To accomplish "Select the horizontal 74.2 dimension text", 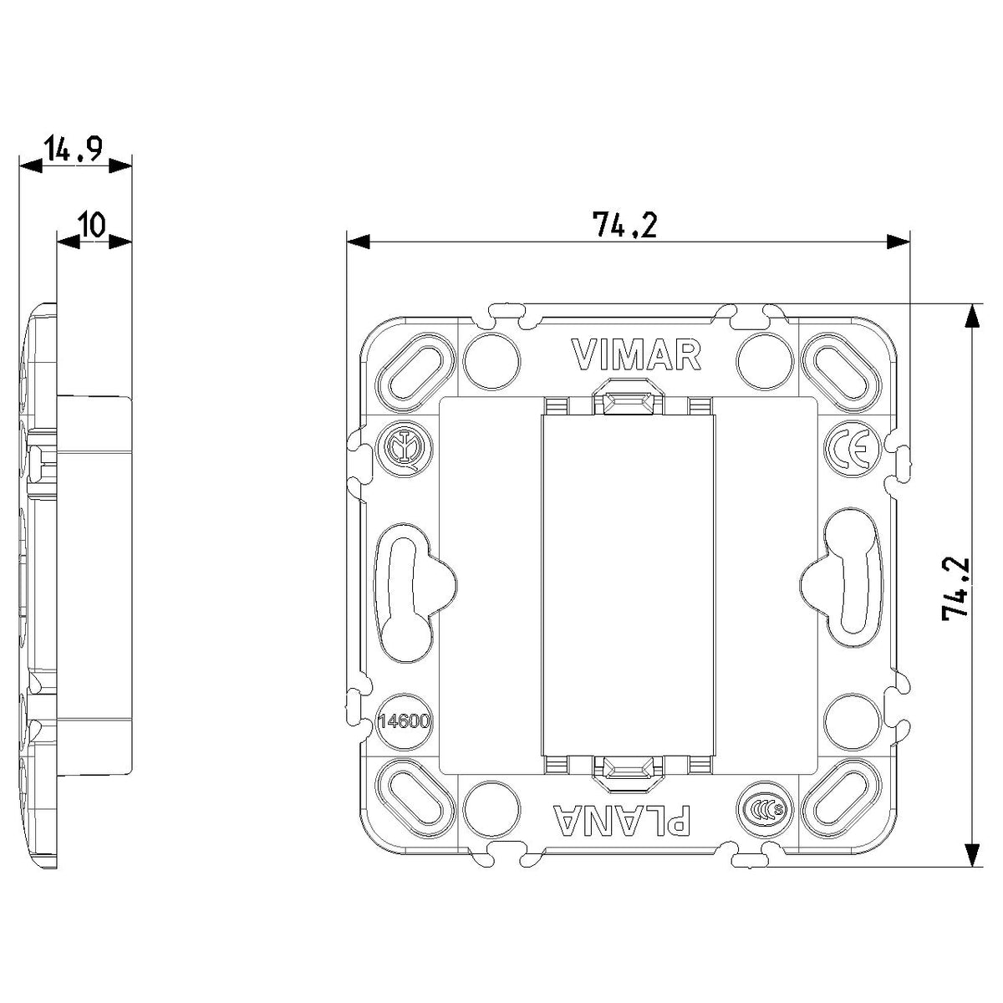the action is [x=624, y=224].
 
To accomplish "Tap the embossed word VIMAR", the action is [x=636, y=354].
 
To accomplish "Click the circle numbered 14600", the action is [x=405, y=721].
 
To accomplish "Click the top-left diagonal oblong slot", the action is [x=415, y=371].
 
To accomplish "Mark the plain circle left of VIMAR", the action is [x=491, y=361].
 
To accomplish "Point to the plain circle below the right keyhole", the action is [x=853, y=721].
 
